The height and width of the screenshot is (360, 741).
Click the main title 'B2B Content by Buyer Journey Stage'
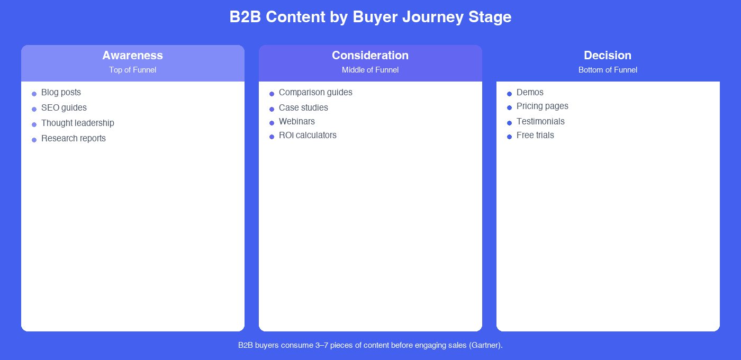coord(370,17)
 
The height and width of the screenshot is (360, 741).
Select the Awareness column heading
coord(132,56)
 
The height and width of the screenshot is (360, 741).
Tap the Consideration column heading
coord(370,56)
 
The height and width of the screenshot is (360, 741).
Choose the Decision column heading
coord(608,56)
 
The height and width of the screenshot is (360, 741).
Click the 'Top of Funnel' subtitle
coord(132,70)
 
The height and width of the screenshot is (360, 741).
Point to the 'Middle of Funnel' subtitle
coord(370,70)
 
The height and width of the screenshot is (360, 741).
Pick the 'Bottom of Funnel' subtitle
coord(608,70)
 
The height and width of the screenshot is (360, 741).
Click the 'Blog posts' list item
coord(61,93)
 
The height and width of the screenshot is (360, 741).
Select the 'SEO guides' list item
coord(64,108)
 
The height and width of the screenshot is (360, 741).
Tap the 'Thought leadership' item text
coord(77,123)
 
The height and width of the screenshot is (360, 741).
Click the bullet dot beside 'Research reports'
coord(34,140)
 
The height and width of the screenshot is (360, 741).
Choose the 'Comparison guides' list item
coord(315,93)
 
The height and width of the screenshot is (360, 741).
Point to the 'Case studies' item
coord(303,108)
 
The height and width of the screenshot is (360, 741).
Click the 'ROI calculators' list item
coord(308,136)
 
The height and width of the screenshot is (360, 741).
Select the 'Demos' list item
coord(530,93)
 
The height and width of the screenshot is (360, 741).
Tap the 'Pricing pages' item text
coord(542,106)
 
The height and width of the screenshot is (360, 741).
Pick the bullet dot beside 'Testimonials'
coord(509,123)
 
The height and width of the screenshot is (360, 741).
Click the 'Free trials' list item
coord(535,136)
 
